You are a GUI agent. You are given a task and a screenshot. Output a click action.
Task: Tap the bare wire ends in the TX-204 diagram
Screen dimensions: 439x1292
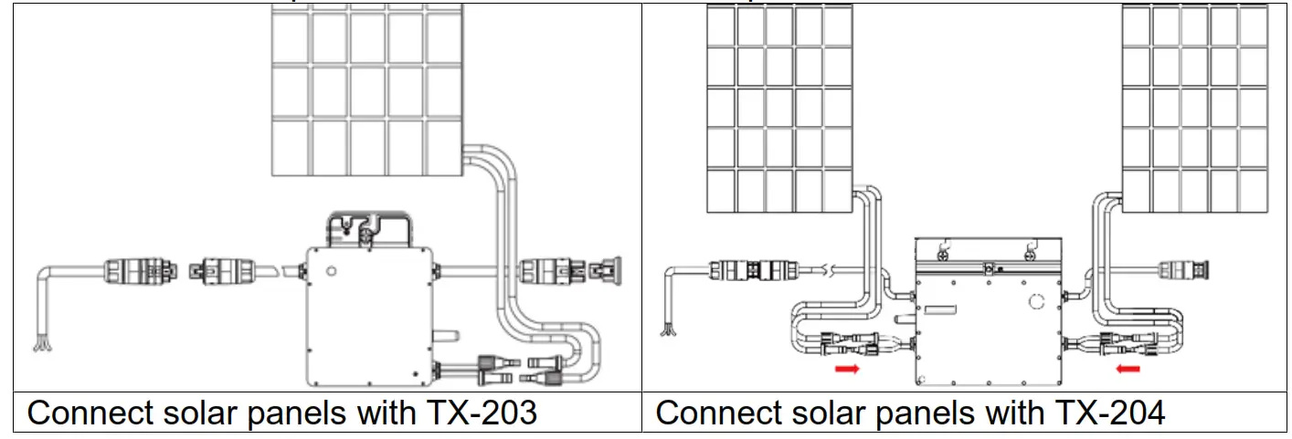[x=671, y=324]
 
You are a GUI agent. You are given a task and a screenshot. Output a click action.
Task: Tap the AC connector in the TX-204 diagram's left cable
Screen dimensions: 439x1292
[x=745, y=269]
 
